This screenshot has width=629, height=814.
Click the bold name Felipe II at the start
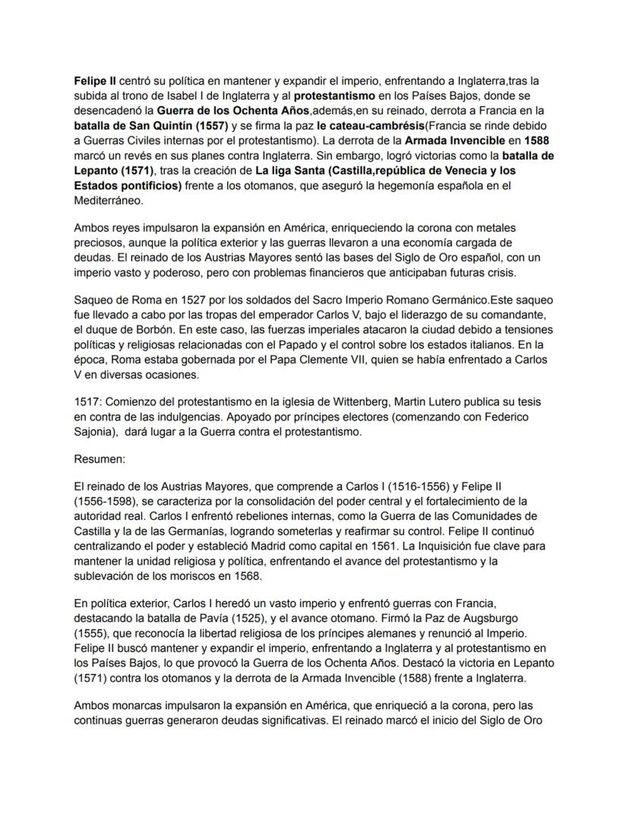(93, 80)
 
